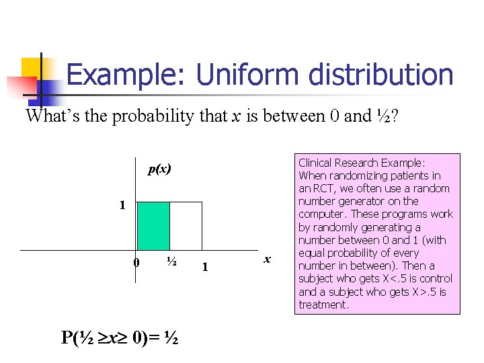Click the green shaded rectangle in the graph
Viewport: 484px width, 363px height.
click(153, 226)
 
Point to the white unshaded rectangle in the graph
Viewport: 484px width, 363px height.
click(186, 226)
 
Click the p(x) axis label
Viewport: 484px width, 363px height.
click(160, 169)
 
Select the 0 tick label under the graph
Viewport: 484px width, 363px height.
click(136, 263)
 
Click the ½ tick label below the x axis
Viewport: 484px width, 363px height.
click(171, 262)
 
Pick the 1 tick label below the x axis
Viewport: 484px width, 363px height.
click(205, 268)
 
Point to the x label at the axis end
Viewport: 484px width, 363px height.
click(268, 259)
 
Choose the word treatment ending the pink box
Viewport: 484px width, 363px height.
click(323, 305)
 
